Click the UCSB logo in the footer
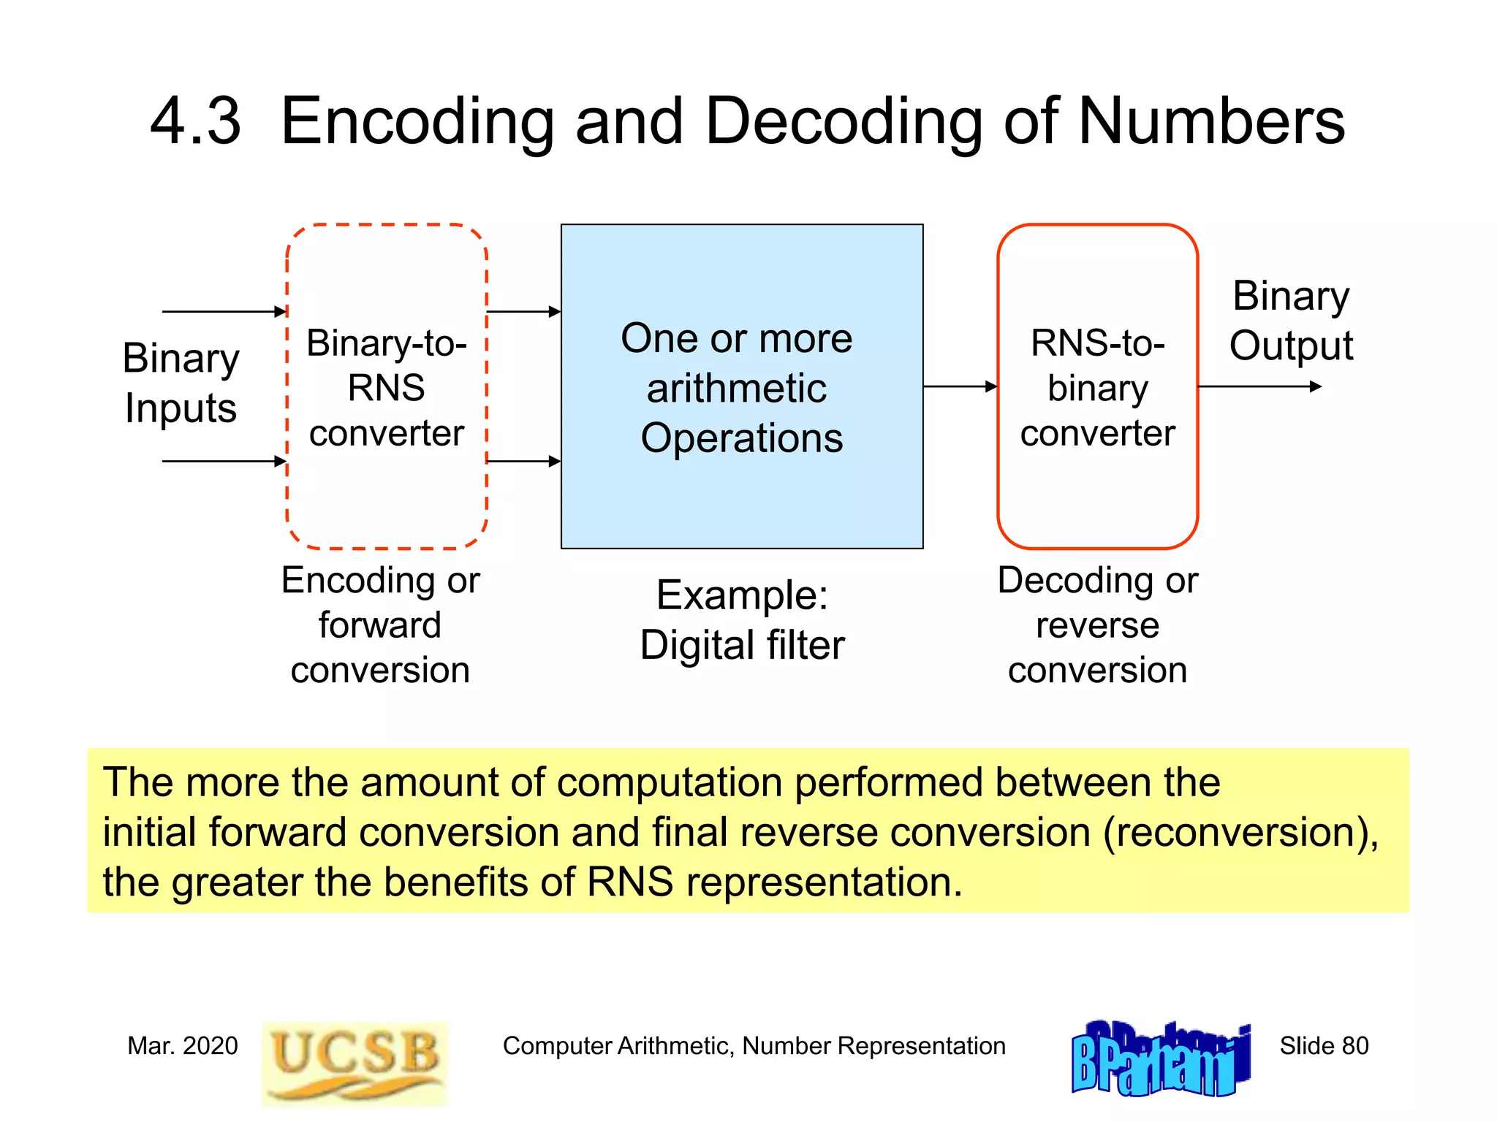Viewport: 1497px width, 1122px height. click(355, 1063)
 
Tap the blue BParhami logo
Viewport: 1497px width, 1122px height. click(1161, 1059)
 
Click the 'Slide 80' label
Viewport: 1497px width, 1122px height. click(1324, 1046)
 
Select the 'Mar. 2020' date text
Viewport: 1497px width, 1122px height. click(183, 1046)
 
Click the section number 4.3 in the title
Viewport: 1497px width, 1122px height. click(195, 121)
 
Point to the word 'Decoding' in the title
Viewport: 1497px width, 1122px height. click(844, 121)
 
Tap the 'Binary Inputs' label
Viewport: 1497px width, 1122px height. click(181, 383)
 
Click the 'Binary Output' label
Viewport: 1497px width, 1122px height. click(1291, 321)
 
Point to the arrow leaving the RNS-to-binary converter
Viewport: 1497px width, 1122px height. click(1260, 386)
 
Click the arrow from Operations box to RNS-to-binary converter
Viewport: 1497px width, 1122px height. click(960, 386)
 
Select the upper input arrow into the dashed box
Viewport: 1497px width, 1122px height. click(224, 312)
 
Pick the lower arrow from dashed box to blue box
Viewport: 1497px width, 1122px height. click(523, 462)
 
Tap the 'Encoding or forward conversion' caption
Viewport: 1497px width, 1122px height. click(380, 625)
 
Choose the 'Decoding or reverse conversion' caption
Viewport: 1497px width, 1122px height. click(1098, 625)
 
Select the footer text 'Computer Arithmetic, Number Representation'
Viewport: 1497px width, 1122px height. click(754, 1046)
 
